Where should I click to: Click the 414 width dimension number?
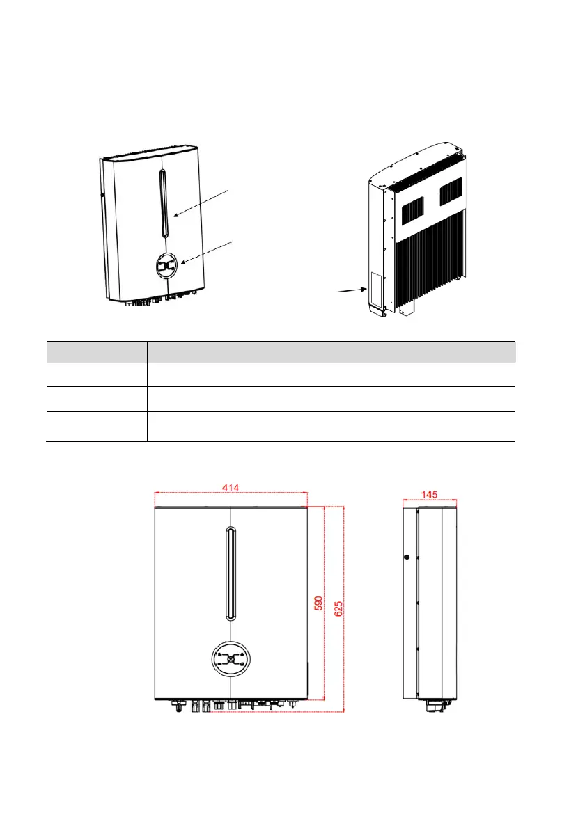coord(231,488)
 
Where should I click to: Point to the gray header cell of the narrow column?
coord(96,351)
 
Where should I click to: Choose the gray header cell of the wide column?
coord(331,351)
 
